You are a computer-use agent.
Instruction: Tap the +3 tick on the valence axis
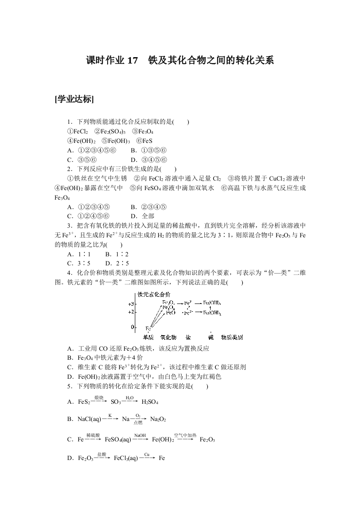[x=131, y=303]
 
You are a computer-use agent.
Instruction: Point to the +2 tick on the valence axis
[x=131, y=312]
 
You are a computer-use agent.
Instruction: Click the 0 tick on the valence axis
[x=133, y=327]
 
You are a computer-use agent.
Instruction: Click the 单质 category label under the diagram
[x=148, y=338]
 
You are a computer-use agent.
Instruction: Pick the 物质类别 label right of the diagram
[x=232, y=338]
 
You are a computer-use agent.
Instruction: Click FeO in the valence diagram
[x=171, y=313]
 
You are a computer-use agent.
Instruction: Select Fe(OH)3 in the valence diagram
[x=212, y=303]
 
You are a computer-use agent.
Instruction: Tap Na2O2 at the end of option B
[x=158, y=419]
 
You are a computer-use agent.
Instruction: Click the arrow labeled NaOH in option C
[x=140, y=439]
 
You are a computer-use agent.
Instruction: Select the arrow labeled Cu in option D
[x=147, y=458]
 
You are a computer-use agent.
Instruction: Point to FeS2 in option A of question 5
[x=84, y=402]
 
